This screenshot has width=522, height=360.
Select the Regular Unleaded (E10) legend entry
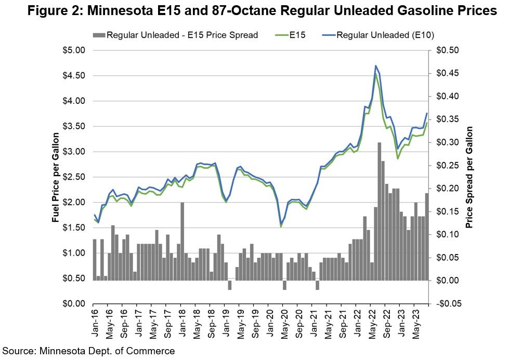pyautogui.click(x=385, y=35)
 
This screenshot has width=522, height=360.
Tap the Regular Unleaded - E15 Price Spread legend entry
pyautogui.click(x=182, y=35)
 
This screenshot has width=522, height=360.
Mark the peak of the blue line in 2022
pyautogui.click(x=375, y=66)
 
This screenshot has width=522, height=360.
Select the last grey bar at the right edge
pyautogui.click(x=426, y=236)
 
